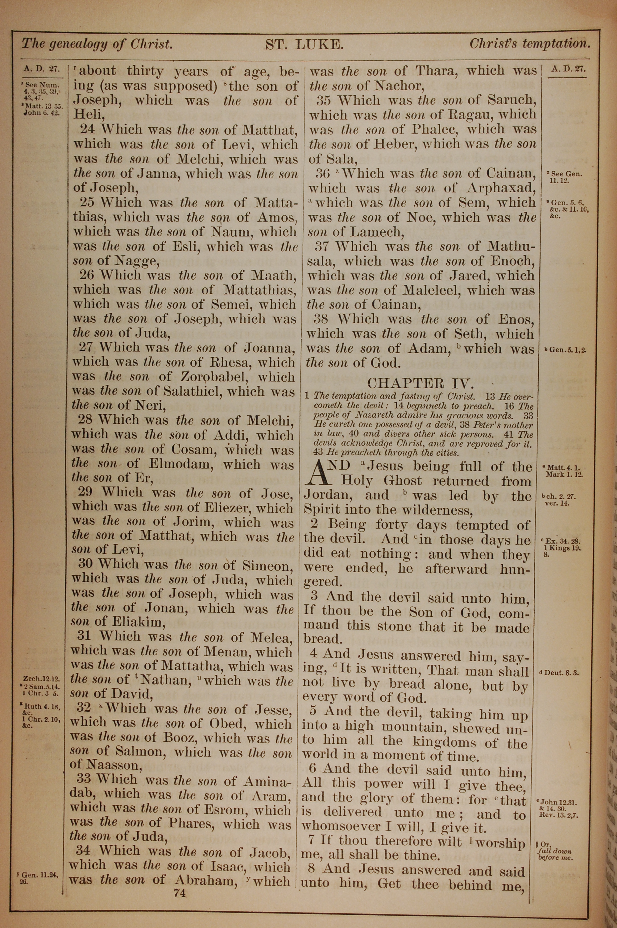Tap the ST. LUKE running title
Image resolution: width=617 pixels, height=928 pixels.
tap(304, 44)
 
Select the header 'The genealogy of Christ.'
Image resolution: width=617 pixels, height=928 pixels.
tap(97, 43)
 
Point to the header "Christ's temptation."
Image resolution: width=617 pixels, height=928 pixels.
tap(530, 43)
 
